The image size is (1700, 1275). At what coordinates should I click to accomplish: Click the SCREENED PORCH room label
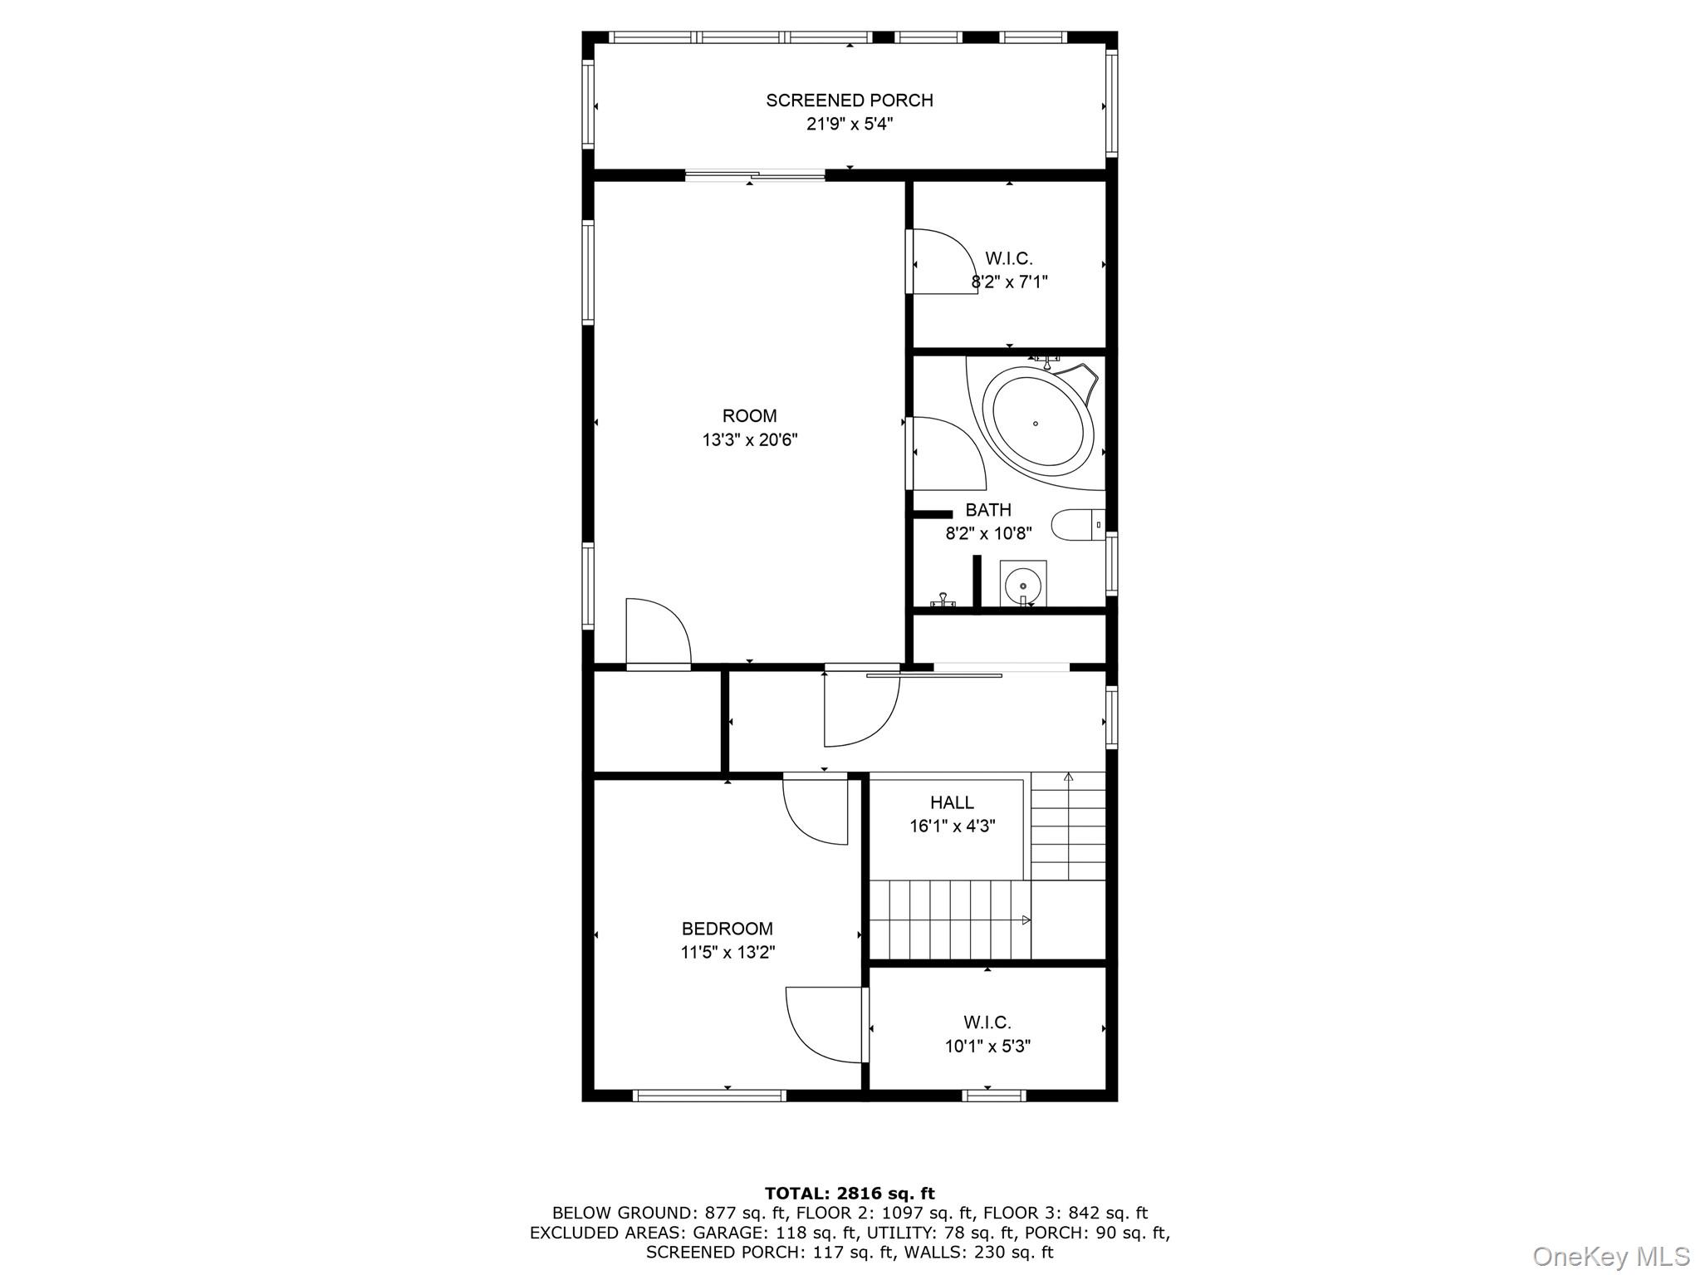pos(849,101)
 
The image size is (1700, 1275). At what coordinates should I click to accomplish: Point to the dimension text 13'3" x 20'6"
pos(749,439)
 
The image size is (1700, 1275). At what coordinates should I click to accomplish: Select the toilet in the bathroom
pos(1077,525)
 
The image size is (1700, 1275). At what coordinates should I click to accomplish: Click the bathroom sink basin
pos(1022,584)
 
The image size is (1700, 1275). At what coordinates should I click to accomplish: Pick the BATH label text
pos(987,510)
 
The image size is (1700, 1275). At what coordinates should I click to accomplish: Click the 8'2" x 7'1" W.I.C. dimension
pos(1009,282)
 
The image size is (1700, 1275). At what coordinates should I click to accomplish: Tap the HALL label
pos(951,802)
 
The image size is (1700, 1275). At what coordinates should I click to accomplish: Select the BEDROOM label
pos(727,929)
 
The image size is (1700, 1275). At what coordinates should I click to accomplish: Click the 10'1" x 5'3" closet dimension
pos(987,1047)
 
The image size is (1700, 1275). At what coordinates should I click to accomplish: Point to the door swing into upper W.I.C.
pos(943,262)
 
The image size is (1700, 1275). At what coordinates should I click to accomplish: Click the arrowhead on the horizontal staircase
pos(1026,919)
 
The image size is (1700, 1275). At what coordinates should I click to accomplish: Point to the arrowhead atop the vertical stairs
pos(1068,777)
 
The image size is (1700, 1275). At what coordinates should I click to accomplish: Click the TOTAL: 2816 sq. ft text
pos(849,1194)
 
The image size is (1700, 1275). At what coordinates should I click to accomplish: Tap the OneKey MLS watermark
pos(1610,1256)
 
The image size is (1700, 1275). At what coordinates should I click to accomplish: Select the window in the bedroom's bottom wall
pos(708,1096)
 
